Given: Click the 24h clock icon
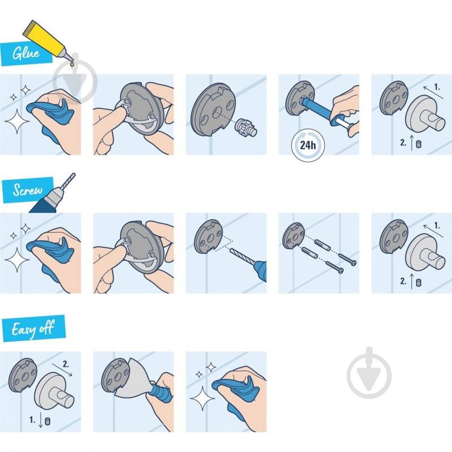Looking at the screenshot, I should [x=308, y=145].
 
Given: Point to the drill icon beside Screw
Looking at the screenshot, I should [x=54, y=195].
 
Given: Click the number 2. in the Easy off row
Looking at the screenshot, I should [x=66, y=365].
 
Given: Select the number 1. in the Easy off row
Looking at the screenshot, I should [x=33, y=420].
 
